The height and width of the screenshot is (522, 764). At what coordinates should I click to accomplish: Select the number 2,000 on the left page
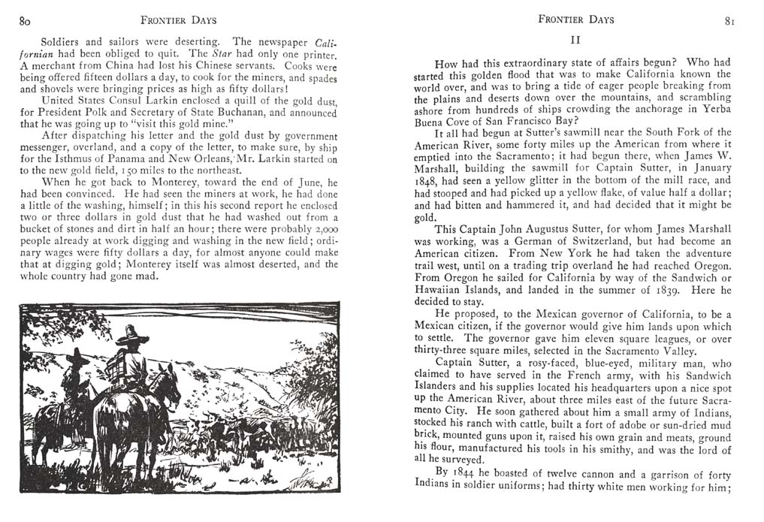click(x=325, y=228)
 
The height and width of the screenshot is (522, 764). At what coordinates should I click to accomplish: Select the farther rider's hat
click(x=77, y=356)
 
